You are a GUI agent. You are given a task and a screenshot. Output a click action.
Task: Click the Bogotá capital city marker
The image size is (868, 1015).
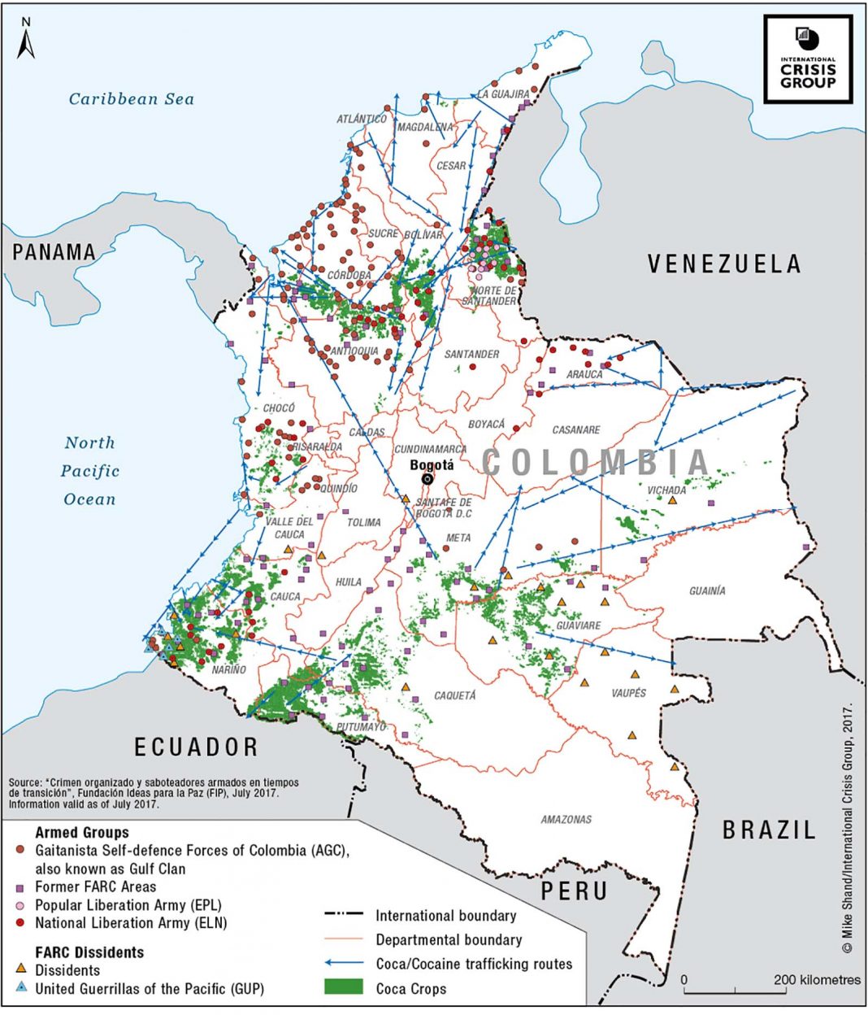[x=427, y=479]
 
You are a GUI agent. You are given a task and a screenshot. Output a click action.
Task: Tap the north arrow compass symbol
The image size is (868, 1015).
[x=27, y=39]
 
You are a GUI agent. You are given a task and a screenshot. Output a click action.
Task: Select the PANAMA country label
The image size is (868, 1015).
[x=54, y=252]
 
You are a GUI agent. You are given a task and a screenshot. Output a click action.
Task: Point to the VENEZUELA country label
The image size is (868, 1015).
[x=724, y=264]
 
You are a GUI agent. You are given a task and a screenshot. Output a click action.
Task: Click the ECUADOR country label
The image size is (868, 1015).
[x=197, y=746]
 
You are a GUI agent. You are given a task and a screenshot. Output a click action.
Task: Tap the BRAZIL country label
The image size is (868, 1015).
[x=769, y=830]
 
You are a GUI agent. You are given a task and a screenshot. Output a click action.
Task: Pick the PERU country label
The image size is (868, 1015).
[x=575, y=891]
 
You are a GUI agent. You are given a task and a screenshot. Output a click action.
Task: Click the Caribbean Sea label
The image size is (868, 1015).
[x=132, y=99]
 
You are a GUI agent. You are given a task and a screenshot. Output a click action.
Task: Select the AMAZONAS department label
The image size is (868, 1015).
[x=566, y=819]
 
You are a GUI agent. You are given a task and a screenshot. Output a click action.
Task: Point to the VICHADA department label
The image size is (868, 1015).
[x=666, y=490]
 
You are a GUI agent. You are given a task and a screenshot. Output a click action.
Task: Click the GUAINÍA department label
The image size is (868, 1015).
[x=707, y=590]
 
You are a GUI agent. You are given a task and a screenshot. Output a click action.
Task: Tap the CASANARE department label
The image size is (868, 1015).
[x=576, y=429]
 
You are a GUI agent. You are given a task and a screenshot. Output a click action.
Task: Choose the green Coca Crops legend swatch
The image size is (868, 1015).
[x=343, y=988]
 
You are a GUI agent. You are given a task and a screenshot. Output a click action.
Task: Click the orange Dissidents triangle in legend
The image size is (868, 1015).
[x=22, y=969]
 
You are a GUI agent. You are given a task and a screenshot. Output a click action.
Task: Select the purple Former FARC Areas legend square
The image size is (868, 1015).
[x=22, y=886]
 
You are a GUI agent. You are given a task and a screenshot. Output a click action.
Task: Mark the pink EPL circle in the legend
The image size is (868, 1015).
[x=22, y=905]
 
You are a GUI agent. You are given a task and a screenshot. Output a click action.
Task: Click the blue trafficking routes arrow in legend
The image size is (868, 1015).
[x=343, y=964]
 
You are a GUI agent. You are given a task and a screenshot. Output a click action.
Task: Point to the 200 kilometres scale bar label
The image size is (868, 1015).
[x=817, y=979]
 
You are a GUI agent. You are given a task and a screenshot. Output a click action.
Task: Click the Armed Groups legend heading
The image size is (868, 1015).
[x=82, y=833]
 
